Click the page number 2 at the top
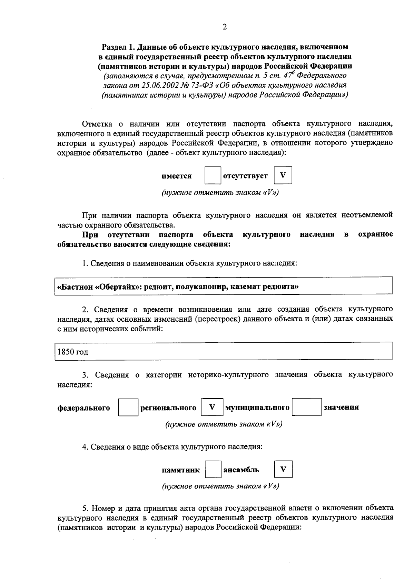click(225, 27)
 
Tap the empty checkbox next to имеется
click(213, 175)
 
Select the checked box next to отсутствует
click(283, 175)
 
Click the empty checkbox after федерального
click(128, 407)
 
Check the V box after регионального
click(212, 407)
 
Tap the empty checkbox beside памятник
click(213, 469)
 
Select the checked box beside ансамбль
click(283, 469)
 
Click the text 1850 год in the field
click(73, 352)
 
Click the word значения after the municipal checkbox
click(341, 407)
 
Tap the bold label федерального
click(83, 408)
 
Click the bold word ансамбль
click(241, 470)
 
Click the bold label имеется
click(177, 176)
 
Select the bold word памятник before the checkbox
click(181, 470)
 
